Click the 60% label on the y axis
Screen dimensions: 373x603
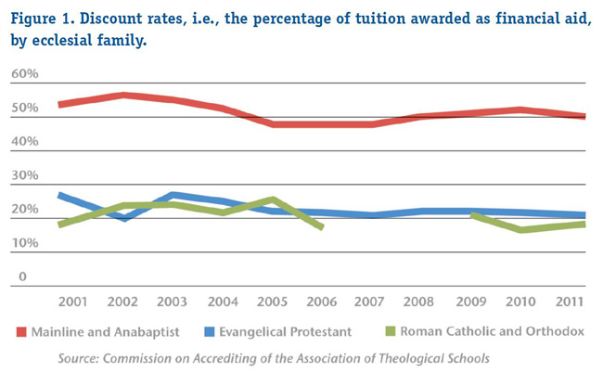pyautogui.click(x=24, y=74)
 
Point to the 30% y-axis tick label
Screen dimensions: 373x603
pyautogui.click(x=24, y=176)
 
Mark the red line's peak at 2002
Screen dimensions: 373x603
pyautogui.click(x=123, y=96)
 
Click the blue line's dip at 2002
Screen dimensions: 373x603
pyautogui.click(x=123, y=217)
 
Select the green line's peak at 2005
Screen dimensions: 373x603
pyautogui.click(x=273, y=199)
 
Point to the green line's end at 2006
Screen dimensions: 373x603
pyautogui.click(x=320, y=225)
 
